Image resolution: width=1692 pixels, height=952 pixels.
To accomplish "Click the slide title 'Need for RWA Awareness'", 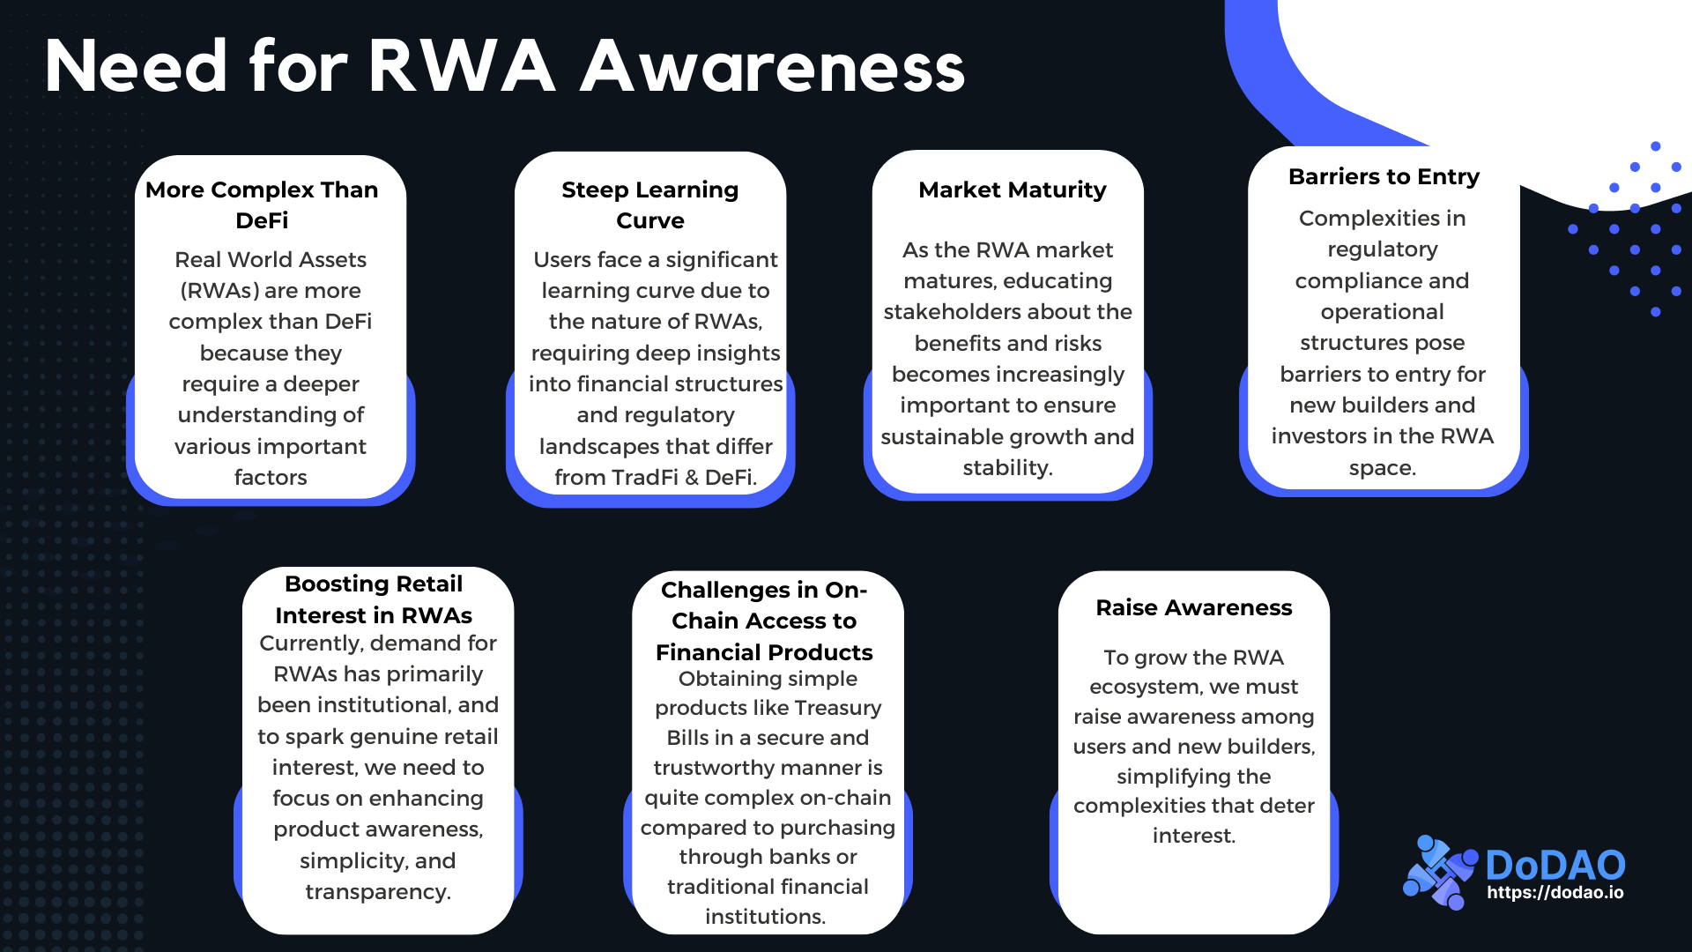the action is point(504,67).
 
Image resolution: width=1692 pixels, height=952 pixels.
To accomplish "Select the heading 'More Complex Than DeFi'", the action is point(262,205).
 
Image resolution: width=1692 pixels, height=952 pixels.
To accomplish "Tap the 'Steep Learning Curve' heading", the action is point(650,205).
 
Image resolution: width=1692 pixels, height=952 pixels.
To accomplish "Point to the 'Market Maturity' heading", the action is point(1012,190).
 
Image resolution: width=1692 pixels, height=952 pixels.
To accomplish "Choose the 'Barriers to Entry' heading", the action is point(1384,176).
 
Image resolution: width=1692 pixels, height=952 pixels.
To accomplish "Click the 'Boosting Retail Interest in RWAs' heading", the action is point(374,599).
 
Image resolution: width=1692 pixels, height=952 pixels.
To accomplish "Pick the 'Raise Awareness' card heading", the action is point(1193,607).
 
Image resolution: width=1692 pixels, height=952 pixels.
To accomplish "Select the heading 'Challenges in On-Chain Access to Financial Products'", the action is point(764,621).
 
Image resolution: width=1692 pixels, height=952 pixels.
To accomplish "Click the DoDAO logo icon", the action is point(1438,872).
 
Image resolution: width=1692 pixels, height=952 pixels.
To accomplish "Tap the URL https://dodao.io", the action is point(1555,892).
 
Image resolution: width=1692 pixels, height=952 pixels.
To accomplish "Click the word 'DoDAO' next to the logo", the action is point(1555,864).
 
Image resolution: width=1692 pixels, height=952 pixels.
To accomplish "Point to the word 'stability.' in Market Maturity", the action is point(1007,467).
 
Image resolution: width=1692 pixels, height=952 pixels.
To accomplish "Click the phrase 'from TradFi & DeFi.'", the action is point(656,477).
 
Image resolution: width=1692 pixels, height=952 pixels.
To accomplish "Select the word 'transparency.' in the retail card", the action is point(378,891).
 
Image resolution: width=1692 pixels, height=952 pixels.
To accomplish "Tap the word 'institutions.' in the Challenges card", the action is point(765,916).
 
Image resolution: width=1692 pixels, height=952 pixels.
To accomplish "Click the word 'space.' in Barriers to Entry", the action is point(1382,467).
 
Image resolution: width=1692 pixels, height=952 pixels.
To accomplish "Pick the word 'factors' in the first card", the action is point(271,477).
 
